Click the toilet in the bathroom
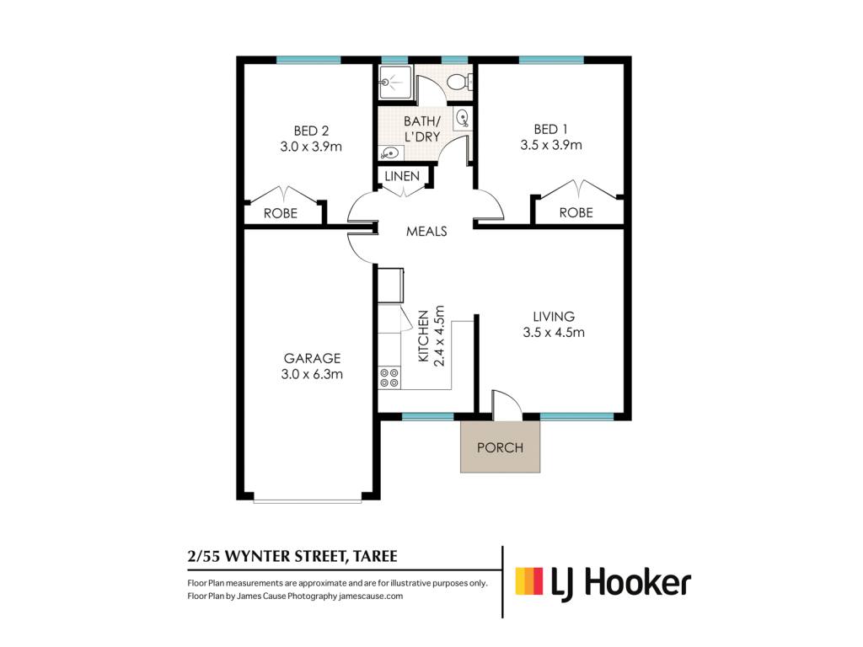point(458,83)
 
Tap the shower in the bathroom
point(395,82)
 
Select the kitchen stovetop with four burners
point(389,378)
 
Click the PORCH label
point(500,447)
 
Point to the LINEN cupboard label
point(402,176)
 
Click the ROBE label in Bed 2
point(280,213)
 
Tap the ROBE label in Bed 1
point(576,212)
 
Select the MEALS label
point(426,231)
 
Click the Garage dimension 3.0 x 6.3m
point(312,374)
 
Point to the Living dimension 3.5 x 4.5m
point(554,332)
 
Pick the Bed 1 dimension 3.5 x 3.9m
point(551,145)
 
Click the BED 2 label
point(311,131)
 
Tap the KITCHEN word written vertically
point(423,336)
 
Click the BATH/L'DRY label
point(422,129)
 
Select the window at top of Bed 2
point(308,60)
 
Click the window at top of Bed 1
point(551,60)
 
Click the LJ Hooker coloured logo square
point(529,581)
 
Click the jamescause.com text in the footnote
point(371,596)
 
